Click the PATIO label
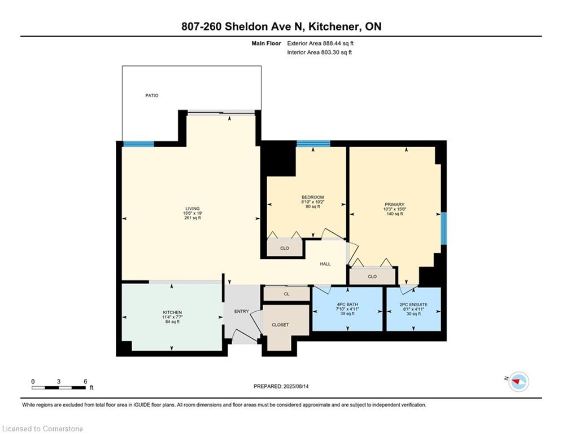pos(151,95)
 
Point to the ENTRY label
pos(241,311)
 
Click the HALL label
pos(325,264)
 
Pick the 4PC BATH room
pos(347,309)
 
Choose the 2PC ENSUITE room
pos(413,309)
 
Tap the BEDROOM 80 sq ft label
pos(312,202)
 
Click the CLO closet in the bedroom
pos(285,248)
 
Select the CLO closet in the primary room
pos(372,276)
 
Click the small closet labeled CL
pos(286,294)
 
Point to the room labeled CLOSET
pos(280,325)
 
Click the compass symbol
pos(519,382)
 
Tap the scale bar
pos(58,387)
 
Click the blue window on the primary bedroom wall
pos(444,228)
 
